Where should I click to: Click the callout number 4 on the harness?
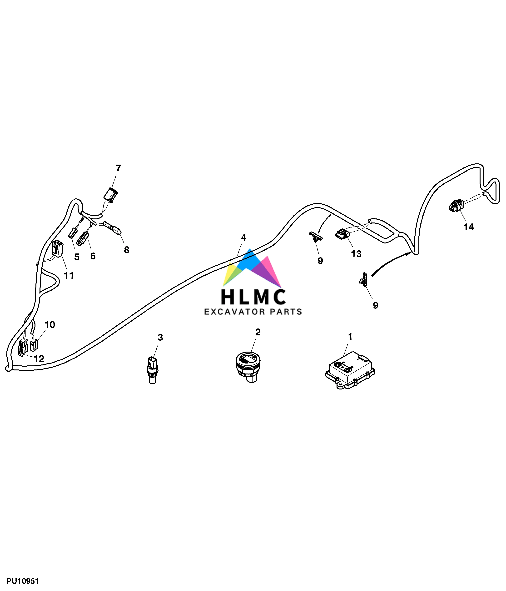pos(243,237)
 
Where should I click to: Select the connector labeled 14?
pos(456,206)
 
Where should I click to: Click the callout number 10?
pos(50,325)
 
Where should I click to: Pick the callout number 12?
pos(39,359)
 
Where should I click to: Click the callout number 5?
pos(77,257)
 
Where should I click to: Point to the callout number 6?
pos(93,256)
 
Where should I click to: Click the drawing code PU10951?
pos(23,581)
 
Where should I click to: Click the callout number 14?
pos(468,227)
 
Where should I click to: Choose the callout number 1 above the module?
pos(350,337)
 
